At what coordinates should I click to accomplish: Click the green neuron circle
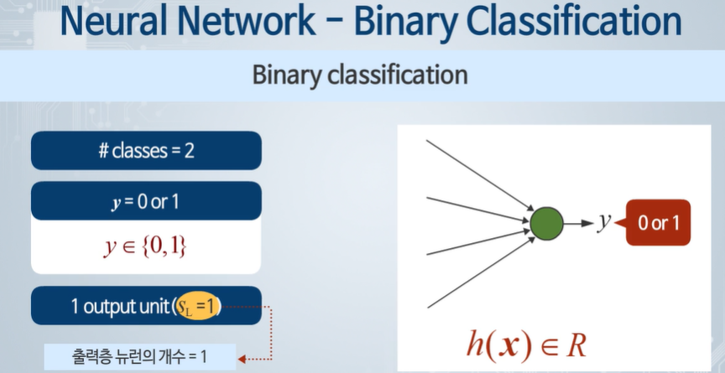(547, 224)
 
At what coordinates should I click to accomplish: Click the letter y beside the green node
(603, 222)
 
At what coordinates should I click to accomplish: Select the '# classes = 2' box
(146, 152)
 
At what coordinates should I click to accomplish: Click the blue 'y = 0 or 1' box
(146, 201)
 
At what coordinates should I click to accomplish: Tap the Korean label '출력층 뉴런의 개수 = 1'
(139, 358)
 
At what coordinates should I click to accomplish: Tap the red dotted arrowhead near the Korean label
(243, 358)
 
